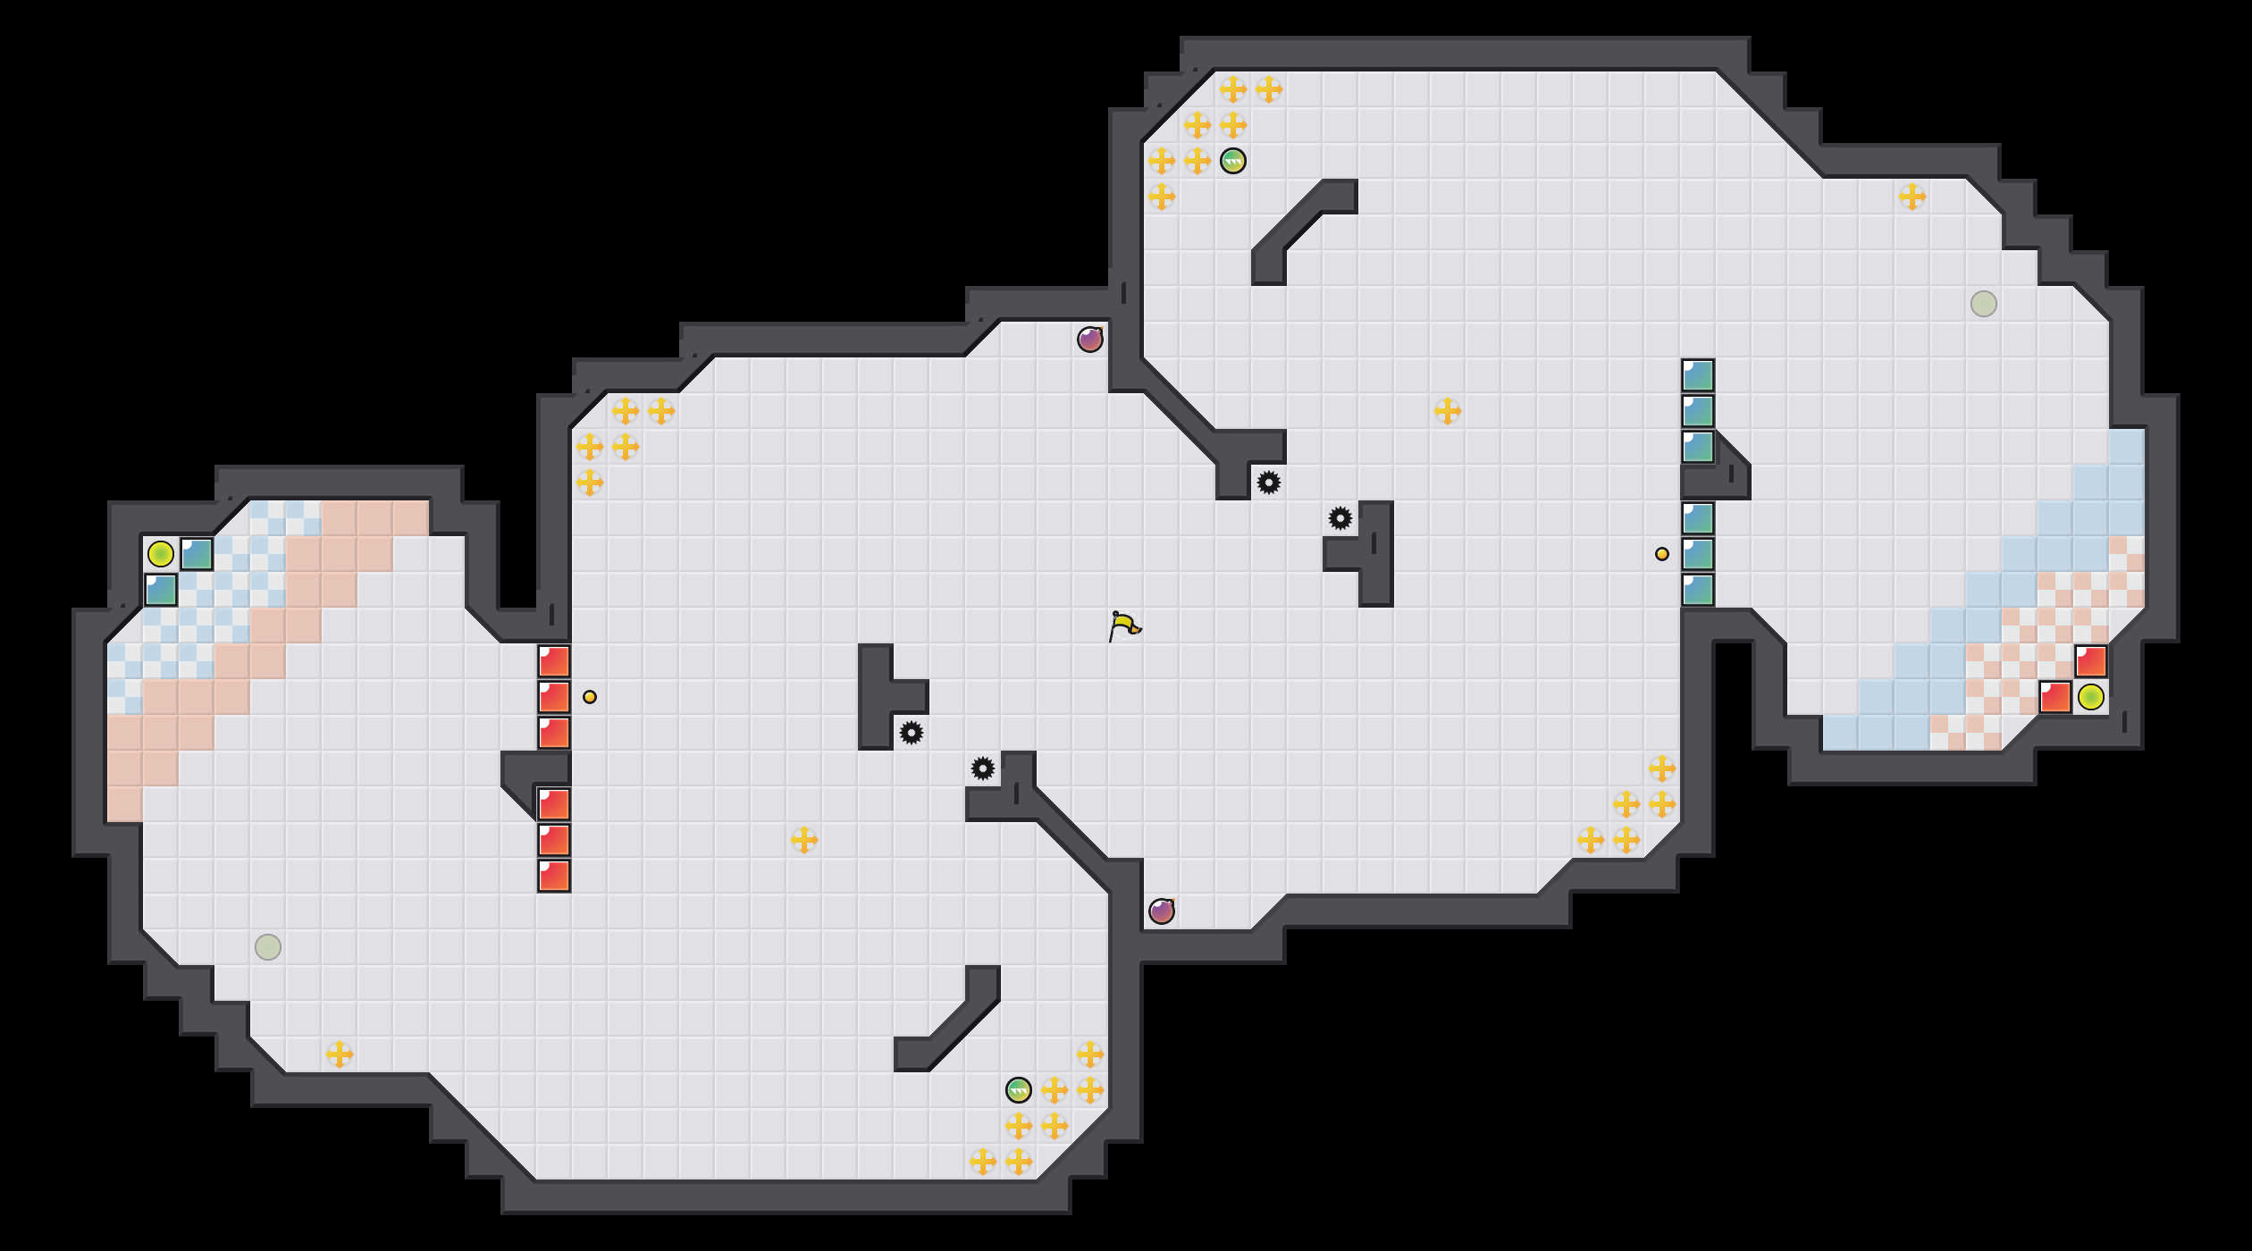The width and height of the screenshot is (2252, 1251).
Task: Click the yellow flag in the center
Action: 1123,625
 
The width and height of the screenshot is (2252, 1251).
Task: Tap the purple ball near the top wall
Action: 1090,340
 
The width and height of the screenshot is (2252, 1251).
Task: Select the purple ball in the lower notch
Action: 1162,911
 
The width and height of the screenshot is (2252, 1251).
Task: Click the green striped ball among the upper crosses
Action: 1233,161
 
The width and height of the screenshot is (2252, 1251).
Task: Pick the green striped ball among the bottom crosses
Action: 1019,1090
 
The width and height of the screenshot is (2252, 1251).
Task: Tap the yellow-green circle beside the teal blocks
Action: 161,554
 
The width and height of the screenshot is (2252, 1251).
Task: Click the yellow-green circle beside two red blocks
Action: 2091,697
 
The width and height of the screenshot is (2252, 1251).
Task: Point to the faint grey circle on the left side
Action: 268,947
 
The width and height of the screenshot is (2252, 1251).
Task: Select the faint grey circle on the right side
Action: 1984,304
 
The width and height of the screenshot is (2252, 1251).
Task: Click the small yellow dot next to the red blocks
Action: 590,697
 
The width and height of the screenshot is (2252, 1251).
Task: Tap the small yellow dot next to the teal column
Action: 1662,554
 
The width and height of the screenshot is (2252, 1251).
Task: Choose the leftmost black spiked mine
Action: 912,733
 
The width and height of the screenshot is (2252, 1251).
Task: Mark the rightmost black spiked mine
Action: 1340,518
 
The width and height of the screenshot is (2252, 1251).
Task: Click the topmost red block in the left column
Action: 554,661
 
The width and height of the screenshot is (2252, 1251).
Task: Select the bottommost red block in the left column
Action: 554,876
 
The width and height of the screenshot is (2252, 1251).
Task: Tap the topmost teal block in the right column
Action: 1698,375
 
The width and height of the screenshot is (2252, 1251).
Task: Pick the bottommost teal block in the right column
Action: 1698,590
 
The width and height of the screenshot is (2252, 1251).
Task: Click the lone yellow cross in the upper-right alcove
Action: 1912,197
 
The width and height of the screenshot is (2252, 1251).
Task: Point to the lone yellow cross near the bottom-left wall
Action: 340,1054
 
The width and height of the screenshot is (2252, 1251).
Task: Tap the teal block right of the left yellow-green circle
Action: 197,554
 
